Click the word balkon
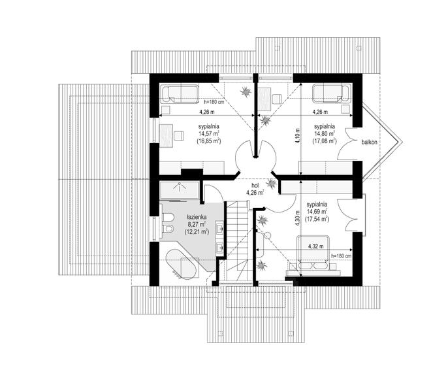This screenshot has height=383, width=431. pos(369,142)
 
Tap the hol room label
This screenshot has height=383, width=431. pos(255,186)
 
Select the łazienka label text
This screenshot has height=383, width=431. pos(197,217)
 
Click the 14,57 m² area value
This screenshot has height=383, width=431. pos(209,134)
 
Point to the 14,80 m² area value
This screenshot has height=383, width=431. pos(325,134)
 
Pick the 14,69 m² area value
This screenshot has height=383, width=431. pos(317,212)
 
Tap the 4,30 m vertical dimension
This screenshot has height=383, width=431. pos(297,218)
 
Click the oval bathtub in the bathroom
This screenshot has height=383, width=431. pos(182,264)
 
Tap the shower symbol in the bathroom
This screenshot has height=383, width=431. pos(179,190)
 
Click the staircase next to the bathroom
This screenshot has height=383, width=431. pos(238,242)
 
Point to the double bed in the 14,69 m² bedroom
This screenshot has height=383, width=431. pos(313,252)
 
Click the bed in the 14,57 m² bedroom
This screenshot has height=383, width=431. pos(179,93)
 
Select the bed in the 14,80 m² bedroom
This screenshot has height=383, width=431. pos(332,93)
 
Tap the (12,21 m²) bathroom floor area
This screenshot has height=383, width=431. pos(197,231)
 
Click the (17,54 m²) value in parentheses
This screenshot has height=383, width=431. pos(317,219)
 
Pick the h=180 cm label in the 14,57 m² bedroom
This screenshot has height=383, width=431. pos(214,102)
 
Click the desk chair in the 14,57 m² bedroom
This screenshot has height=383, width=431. pos(179,135)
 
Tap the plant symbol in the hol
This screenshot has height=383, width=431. pos(271,184)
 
